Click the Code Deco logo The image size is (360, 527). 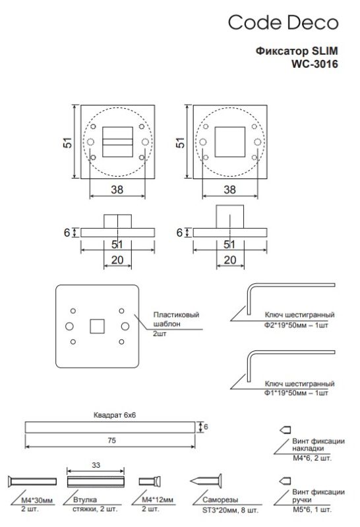coord(283,23)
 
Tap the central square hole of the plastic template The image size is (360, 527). coord(96,326)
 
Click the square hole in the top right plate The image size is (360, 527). coord(229,141)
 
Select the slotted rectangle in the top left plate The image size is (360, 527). coord(117,140)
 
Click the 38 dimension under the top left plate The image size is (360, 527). coord(117,189)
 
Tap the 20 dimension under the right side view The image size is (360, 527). coord(230,260)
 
